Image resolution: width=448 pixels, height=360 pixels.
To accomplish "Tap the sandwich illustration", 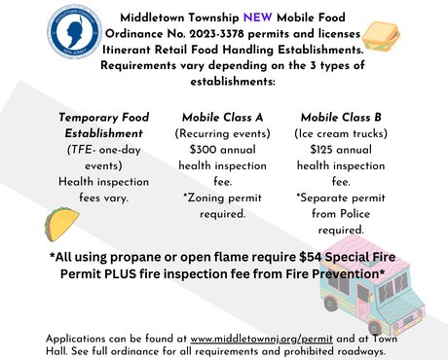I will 397,40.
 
